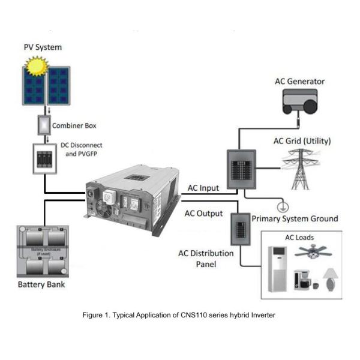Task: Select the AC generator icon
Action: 299,103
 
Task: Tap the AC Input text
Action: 202,188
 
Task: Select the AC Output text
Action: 203,213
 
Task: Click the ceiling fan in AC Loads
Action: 313,251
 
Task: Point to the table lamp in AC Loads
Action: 329,280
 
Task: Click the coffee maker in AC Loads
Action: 301,280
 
